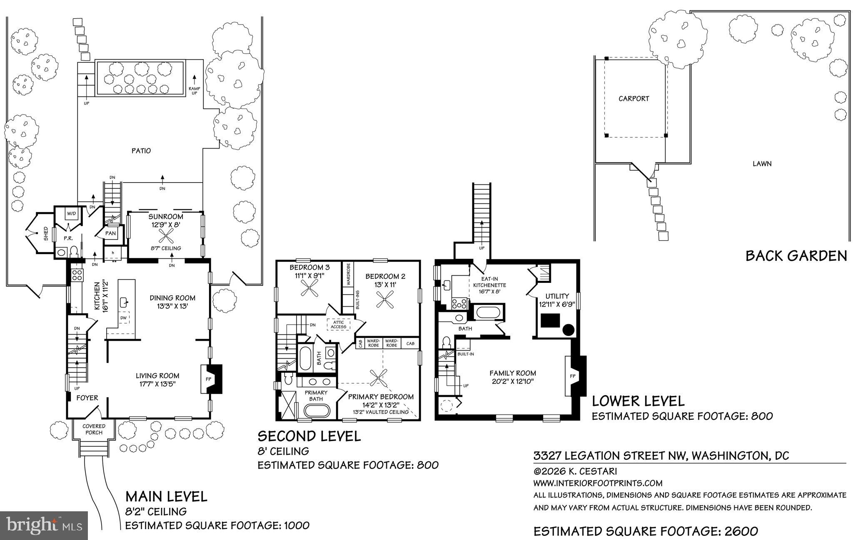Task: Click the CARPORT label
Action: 634,99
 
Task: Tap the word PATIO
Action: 141,151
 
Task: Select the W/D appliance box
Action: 72,214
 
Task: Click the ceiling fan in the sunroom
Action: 166,238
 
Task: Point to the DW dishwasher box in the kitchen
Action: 123,318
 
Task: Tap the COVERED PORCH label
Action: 94,429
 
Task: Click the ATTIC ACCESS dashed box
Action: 339,324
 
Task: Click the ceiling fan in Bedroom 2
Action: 384,300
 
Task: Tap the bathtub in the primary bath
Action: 317,411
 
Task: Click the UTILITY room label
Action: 557,296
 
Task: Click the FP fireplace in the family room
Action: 572,376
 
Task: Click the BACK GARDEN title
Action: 796,255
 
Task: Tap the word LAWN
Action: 762,164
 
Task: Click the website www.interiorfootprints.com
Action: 598,483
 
